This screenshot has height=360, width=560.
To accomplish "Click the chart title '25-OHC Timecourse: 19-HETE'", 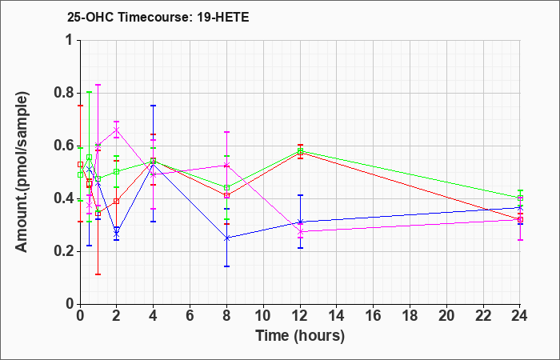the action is click(x=158, y=17).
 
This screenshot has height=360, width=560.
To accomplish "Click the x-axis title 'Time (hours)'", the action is click(x=300, y=336).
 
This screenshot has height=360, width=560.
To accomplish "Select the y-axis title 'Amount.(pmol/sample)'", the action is click(x=22, y=172).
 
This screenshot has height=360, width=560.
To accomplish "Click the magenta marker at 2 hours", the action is click(x=117, y=130).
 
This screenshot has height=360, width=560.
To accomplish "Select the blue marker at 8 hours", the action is click(x=226, y=238).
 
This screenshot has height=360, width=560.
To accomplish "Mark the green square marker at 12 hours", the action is click(x=300, y=150).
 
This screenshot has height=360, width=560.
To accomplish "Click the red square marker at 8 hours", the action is click(x=226, y=195).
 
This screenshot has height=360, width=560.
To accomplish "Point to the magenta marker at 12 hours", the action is click(x=300, y=232).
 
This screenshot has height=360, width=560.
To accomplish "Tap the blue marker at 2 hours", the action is click(x=117, y=234).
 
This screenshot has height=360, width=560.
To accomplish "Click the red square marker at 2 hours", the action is click(x=117, y=201).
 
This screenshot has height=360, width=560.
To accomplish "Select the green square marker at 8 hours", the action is click(x=226, y=188).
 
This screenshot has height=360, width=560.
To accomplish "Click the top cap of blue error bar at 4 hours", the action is click(x=154, y=106).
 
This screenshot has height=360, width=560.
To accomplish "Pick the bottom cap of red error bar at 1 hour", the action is click(x=98, y=274).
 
